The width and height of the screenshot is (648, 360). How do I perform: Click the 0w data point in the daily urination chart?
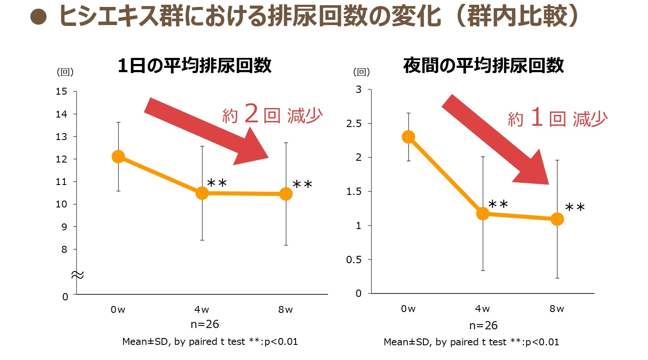pos(118,156)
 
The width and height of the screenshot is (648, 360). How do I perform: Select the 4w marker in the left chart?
pos(202,193)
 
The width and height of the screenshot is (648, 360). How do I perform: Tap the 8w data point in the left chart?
pos(286,194)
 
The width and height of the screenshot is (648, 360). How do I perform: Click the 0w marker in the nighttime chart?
pos(408,137)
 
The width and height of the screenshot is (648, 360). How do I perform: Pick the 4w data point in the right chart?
pos(483,213)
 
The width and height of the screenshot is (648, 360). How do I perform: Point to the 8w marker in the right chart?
pos(557,219)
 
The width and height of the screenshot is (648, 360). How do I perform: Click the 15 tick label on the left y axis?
pos(61,92)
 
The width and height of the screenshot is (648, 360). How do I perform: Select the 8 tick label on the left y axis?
pos(64,249)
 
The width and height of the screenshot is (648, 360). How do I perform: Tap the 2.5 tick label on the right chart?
pos(353,124)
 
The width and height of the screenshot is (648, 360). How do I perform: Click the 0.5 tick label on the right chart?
pos(353,260)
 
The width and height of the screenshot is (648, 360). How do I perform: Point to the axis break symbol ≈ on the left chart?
pos(77,275)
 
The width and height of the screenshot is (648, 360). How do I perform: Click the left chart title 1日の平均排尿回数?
pos(194,66)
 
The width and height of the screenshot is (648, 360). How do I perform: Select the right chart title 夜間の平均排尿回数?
pos(483,66)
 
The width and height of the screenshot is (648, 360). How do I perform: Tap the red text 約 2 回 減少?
pos(272,115)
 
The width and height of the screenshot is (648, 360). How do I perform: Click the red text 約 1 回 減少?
pos(557,118)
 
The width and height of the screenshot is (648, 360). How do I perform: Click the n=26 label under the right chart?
pos(483,325)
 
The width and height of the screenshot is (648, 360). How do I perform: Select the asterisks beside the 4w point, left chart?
pos(217,184)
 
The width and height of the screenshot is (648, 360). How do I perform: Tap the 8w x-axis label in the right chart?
pos(557,309)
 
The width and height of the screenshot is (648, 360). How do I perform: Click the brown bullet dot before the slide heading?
pos(38,17)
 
